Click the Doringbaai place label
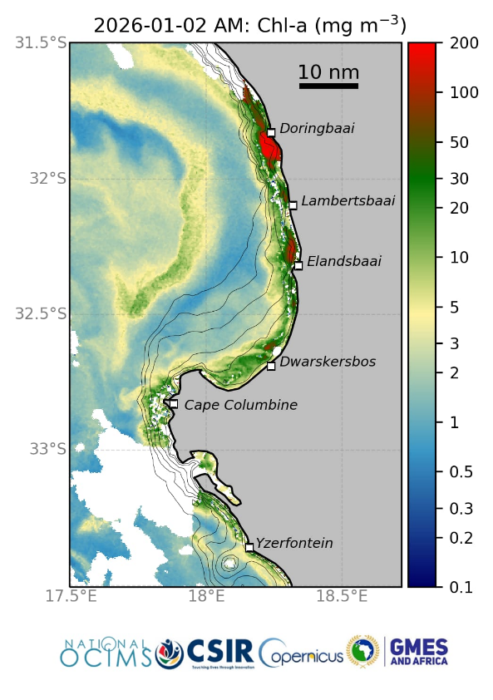[317, 129]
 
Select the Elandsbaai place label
[343, 262]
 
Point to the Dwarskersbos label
[328, 362]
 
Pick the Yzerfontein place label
[294, 544]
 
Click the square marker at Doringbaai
[271, 132]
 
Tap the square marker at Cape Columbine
[174, 404]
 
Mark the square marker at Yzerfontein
[249, 547]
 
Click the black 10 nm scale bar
[328, 86]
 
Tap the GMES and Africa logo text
[418, 651]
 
